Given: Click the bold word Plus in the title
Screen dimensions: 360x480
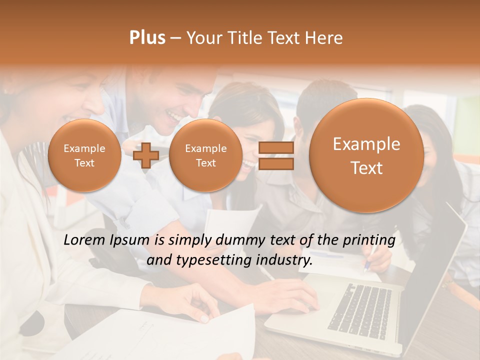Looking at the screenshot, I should (147, 38).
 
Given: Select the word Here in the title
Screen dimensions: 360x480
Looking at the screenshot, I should (325, 38).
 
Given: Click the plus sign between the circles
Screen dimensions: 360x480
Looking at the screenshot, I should (146, 155).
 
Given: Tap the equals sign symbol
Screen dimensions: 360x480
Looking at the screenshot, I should (276, 155).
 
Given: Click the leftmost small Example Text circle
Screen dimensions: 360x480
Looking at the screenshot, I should (84, 155).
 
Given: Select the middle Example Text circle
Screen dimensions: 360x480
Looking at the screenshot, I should (205, 155).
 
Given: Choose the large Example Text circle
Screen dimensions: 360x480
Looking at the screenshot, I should (366, 155).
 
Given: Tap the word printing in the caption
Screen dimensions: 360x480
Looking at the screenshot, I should (368, 240).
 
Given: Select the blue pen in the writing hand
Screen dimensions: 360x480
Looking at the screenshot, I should (367, 264).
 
